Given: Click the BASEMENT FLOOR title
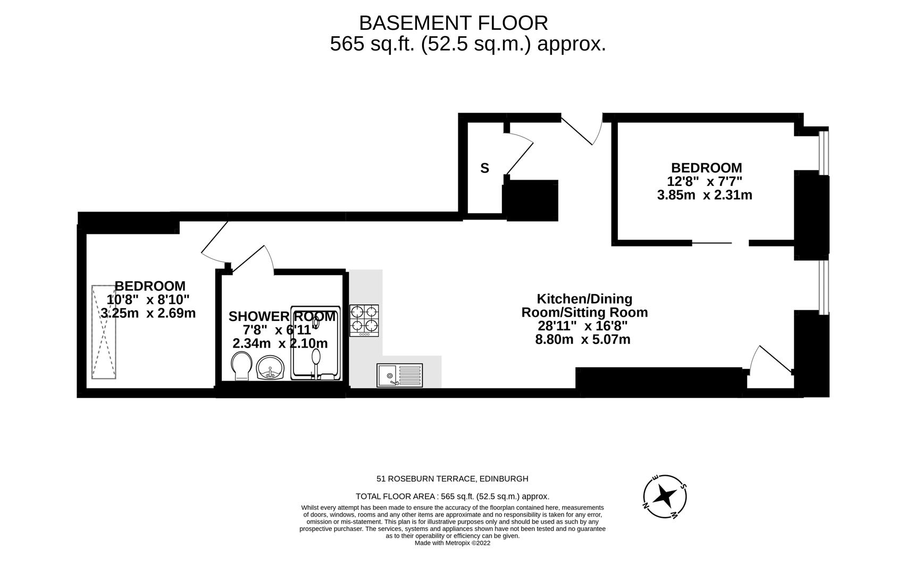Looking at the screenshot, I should pos(453,23).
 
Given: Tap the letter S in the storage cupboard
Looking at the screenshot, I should pos(484,168).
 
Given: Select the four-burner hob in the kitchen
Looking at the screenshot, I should pos(364,320).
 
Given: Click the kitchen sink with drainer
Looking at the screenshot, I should pos(399,375).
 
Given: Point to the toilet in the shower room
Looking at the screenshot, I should pos(241,366).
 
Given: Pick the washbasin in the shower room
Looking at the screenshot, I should pos(271,368).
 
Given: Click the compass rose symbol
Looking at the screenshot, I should pos(664,496).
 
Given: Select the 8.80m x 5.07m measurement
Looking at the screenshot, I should pos(582,339).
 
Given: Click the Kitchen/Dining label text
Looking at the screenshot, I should pos(584,299).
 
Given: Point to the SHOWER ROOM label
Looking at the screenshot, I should pos(282,317).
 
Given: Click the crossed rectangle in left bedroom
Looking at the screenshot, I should pos(104,332).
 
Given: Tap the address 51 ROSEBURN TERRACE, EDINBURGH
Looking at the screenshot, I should pos(452,478).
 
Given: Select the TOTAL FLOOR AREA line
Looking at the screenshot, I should pos(452,496).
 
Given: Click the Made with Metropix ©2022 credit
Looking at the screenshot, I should pos(452,543).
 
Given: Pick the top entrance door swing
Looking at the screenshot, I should pos(583,130).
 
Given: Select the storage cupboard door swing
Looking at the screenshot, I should pos(519,154).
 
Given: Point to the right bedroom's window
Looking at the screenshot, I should pos(823,153).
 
